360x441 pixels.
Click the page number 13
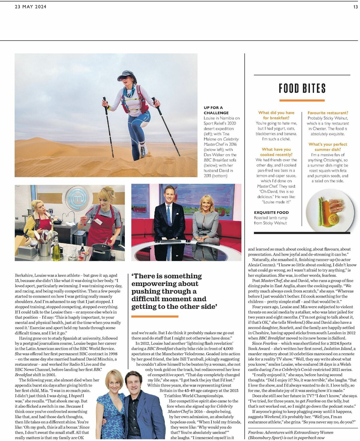(x=355, y=7)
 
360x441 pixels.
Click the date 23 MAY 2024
(x=31, y=7)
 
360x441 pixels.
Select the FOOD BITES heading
(x=302, y=88)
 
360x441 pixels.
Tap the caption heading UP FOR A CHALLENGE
(x=216, y=110)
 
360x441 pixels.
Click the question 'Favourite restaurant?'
(x=328, y=113)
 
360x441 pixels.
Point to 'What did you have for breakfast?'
(x=276, y=115)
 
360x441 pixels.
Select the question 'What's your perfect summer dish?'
(x=328, y=147)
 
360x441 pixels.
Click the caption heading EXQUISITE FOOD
(x=271, y=212)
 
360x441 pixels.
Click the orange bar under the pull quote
(x=155, y=316)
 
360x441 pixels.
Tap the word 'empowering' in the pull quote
(x=165, y=284)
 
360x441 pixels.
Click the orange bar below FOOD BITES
(x=302, y=100)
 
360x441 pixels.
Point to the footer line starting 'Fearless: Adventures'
(x=290, y=432)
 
